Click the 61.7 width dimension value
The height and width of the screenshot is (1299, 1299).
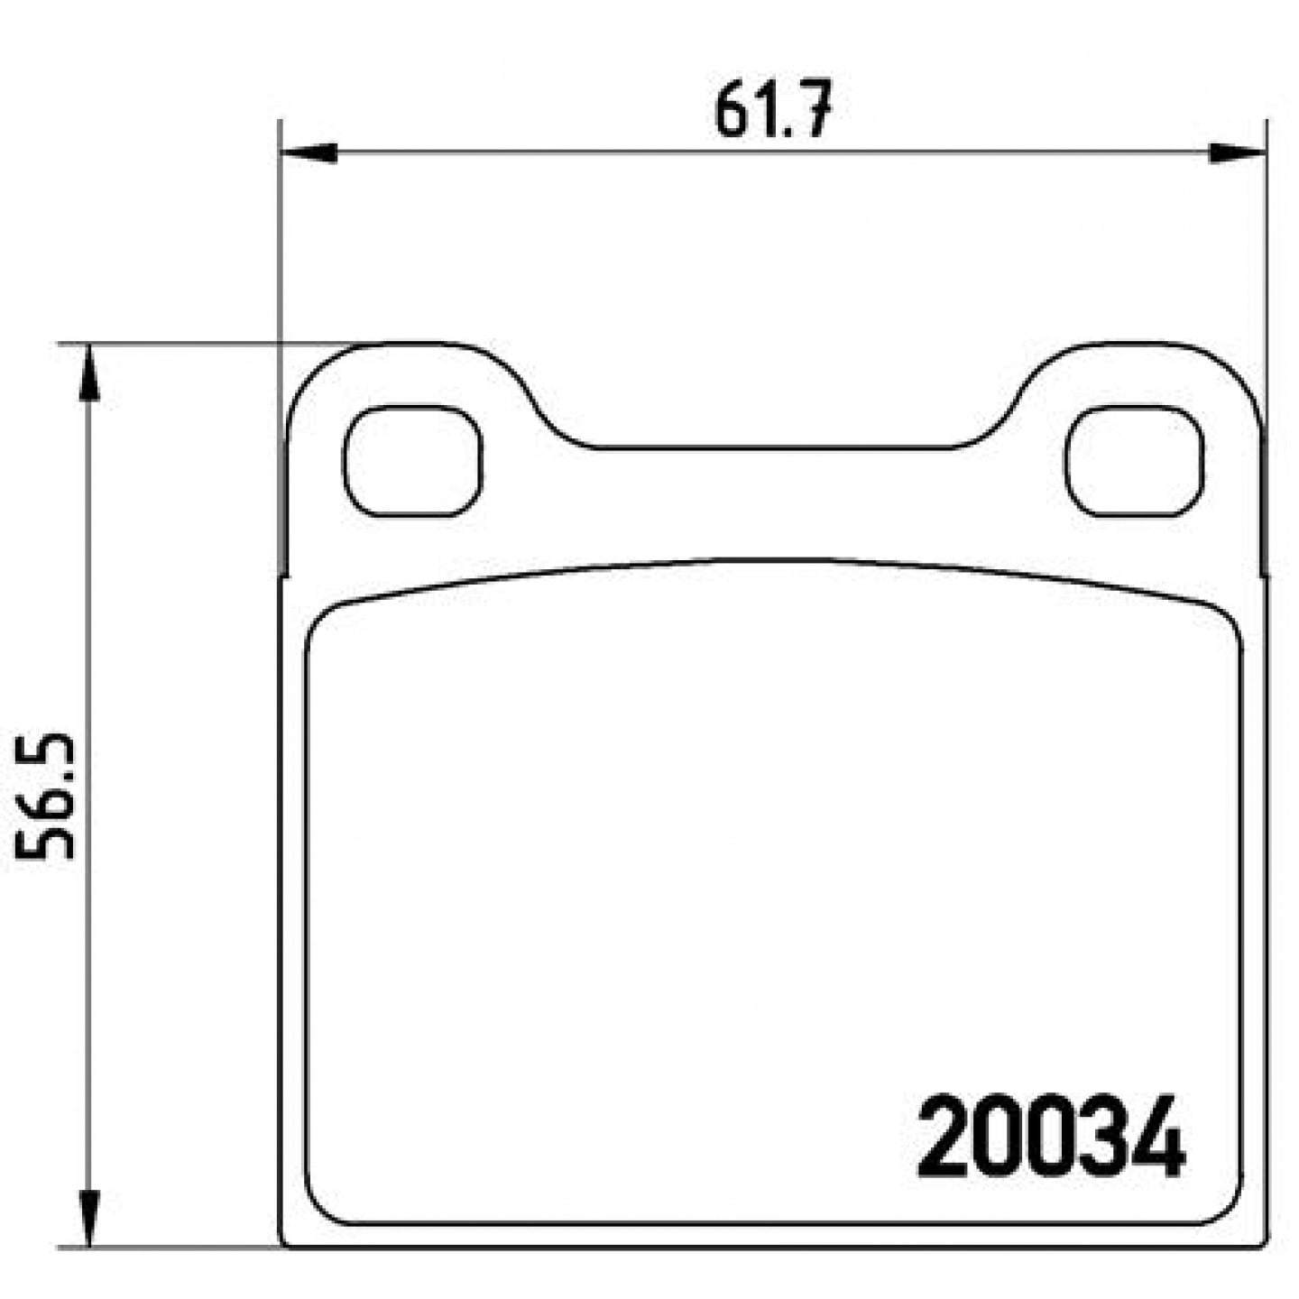point(771,108)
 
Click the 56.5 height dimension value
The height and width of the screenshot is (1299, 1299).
point(44,797)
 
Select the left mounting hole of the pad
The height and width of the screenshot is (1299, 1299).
point(413,460)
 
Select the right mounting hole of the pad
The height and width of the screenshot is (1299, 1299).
point(1134,460)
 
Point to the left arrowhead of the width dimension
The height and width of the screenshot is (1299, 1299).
point(309,153)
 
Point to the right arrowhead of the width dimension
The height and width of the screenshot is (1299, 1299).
point(1238,153)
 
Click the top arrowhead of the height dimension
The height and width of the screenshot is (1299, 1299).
point(89,373)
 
